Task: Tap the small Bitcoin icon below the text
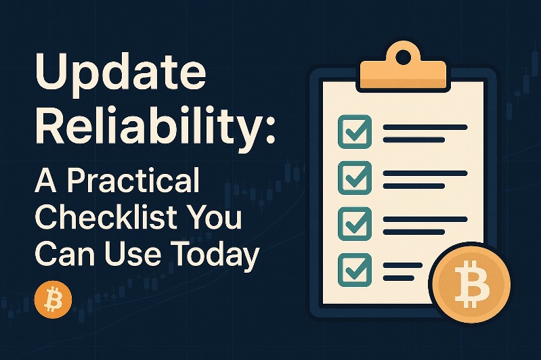pyautogui.click(x=52, y=300)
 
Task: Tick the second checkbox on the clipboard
pyautogui.click(x=354, y=177)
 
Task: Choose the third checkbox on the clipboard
pyautogui.click(x=354, y=222)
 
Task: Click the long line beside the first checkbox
pyautogui.click(x=425, y=127)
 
